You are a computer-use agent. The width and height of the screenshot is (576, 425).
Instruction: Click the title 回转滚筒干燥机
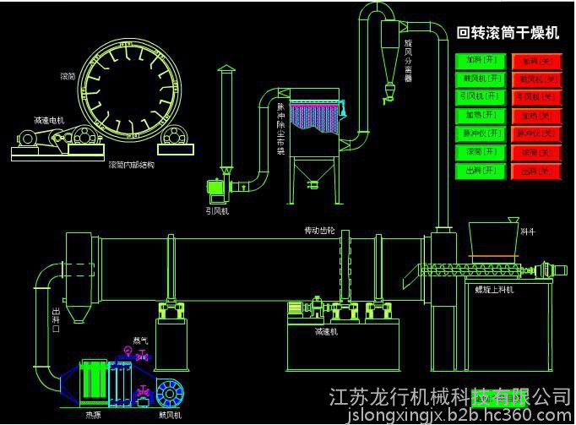[x=508, y=34]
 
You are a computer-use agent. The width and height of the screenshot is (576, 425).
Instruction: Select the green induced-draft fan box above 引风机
[x=218, y=187]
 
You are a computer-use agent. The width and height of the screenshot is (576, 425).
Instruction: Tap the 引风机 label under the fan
[x=217, y=210]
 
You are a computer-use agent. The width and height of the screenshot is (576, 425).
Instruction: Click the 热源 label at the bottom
[x=91, y=415]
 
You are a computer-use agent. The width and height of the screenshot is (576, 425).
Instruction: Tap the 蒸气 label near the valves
[x=139, y=341]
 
